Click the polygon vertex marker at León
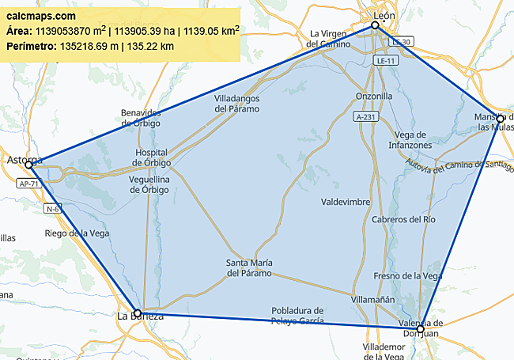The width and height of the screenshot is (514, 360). (375, 26)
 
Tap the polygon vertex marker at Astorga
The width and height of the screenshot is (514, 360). (28, 165)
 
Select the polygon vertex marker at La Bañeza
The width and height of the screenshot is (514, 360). (138, 313)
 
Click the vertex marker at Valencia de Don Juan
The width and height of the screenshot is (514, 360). (421, 328)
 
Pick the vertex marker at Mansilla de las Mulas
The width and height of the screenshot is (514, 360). (500, 119)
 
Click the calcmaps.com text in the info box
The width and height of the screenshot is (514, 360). (41, 16)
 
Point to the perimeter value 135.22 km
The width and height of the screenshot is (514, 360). (157, 47)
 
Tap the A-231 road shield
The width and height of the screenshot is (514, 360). (365, 116)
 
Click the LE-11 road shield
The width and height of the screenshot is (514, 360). (386, 60)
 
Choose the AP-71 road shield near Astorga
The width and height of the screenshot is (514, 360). (28, 184)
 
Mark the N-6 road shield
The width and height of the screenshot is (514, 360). (53, 209)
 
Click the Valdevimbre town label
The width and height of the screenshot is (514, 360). (346, 202)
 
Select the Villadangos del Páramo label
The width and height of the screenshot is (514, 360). (236, 104)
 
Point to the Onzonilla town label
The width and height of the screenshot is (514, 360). (374, 96)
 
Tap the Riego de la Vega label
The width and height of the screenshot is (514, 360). (77, 233)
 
